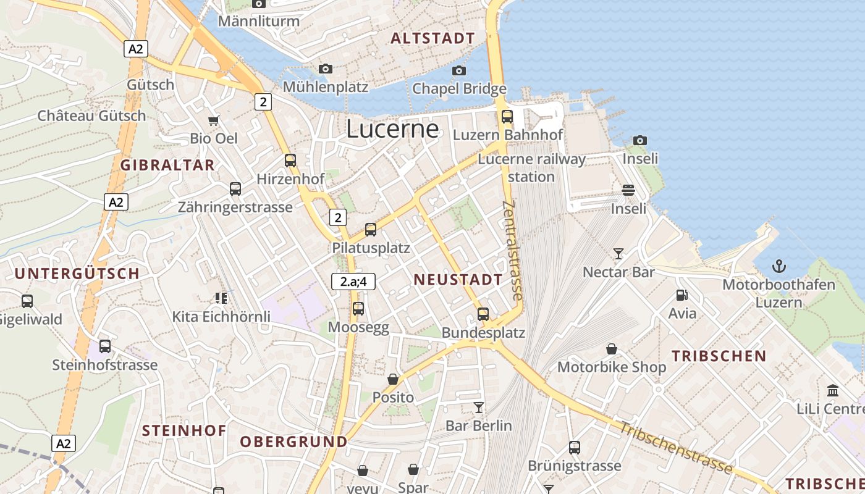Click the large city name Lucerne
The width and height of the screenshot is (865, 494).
coord(392,129)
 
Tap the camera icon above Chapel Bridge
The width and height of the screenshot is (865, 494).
coord(458,70)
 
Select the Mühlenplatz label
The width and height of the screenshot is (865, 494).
coord(326,87)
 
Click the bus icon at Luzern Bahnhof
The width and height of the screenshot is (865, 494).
coord(507,116)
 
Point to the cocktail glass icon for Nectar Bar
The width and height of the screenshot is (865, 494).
coord(618,253)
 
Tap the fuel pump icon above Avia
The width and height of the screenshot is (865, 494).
coord(681,295)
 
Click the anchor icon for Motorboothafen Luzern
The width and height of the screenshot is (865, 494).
coord(779,267)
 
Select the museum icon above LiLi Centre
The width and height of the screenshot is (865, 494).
coord(832,391)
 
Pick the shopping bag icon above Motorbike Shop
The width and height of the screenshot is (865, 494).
coord(612,349)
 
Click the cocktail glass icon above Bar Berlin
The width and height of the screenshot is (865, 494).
coord(478,407)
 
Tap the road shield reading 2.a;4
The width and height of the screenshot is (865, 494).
coord(353,282)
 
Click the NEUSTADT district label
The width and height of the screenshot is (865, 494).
coord(458,280)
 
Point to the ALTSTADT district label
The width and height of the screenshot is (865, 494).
coord(432,38)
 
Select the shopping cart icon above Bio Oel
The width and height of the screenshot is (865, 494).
coord(214,120)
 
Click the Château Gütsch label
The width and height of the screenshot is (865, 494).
coord(91,115)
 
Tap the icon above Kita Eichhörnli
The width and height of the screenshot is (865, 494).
coord(221,298)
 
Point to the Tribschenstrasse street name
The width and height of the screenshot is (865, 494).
coord(676,448)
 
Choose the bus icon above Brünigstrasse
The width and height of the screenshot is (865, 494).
coord(574,448)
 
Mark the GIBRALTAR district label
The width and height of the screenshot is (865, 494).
coord(167,165)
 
